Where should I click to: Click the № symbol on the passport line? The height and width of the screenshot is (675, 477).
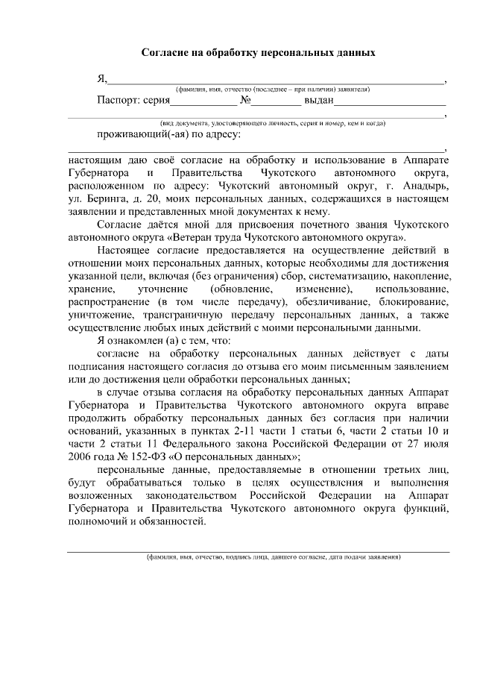coord(246,101)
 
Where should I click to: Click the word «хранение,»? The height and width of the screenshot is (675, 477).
coord(90,289)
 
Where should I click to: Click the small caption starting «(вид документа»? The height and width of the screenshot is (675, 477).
coord(271,122)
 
